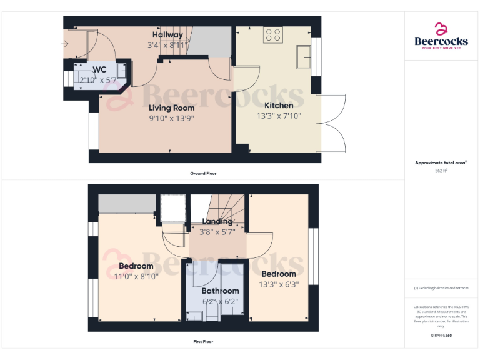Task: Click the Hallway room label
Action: point(167,35)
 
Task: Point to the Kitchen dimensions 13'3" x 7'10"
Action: point(278,116)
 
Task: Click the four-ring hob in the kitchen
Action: point(272,35)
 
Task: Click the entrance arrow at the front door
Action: point(65,44)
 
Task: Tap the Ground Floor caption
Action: point(203,173)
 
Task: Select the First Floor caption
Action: point(203,342)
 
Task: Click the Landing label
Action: point(217,221)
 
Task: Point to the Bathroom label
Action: point(220,291)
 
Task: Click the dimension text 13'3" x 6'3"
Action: point(279,284)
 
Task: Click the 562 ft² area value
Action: point(441,170)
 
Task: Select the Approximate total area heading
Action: point(441,162)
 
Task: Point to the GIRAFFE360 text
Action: point(441,336)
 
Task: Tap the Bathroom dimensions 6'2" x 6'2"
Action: point(220,301)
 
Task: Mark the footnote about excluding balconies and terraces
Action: point(441,288)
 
